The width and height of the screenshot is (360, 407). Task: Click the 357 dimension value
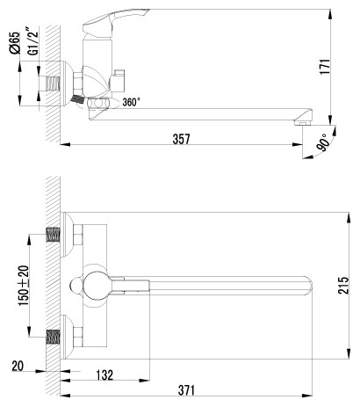pos(181,139)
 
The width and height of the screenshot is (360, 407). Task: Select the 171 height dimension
pos(325,67)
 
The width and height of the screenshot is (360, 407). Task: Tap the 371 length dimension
pos(186,390)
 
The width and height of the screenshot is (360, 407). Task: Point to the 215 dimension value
pos(343,285)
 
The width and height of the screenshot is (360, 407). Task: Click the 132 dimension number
pos(104,374)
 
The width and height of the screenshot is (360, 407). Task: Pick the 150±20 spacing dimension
pos(24,286)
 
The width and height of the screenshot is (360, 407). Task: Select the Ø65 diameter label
pos(15,43)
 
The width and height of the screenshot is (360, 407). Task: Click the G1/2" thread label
pos(33,41)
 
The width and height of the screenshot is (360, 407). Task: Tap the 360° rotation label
pos(131,102)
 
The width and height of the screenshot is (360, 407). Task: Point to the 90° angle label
pos(322,142)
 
